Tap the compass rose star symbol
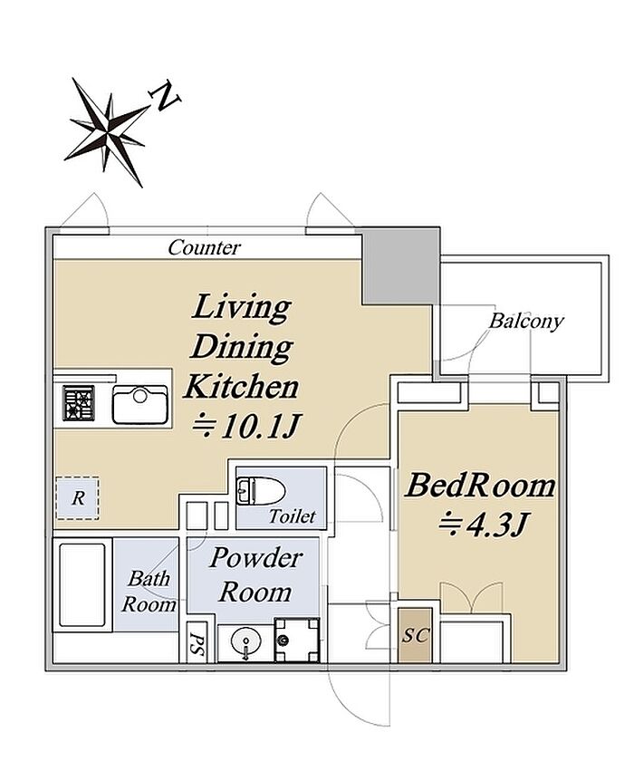point(107,132)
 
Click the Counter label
point(204,247)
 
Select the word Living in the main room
point(241,307)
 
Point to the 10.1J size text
point(247,427)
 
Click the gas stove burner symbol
point(78,402)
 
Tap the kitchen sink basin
point(140,404)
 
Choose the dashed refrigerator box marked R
point(78,498)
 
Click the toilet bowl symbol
point(260,491)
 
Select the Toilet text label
point(293,516)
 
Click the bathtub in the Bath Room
point(82,585)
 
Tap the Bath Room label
point(149,592)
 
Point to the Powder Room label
point(255,575)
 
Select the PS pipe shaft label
point(196,643)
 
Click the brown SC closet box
point(415,635)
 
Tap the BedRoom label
point(480,486)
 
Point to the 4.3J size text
point(483,525)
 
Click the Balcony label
point(526,321)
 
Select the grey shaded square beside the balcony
point(400,266)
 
